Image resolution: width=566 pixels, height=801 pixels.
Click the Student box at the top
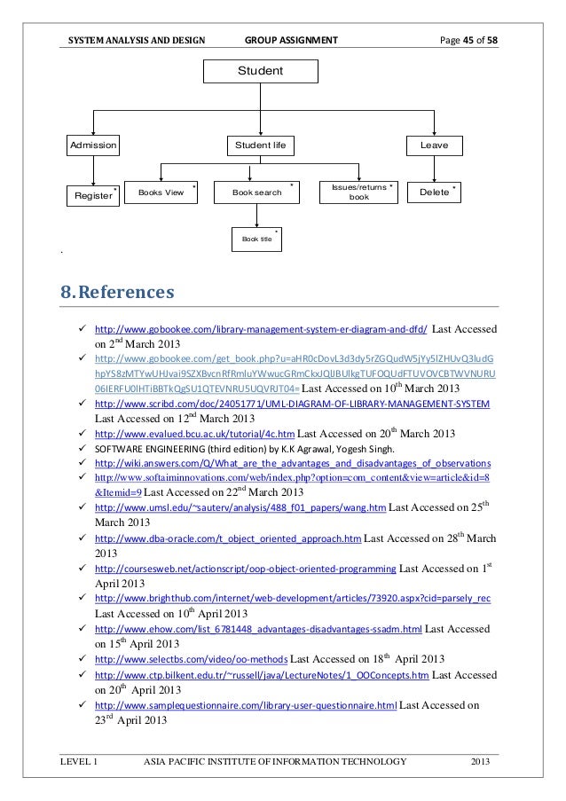[260, 69]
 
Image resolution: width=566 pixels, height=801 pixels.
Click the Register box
[93, 192]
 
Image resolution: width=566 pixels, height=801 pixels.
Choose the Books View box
[161, 191]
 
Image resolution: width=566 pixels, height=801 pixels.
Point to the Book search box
[257, 191]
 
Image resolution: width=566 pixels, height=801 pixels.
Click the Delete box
[435, 191]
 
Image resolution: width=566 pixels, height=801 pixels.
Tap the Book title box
[255, 239]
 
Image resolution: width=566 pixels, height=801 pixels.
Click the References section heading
[117, 290]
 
